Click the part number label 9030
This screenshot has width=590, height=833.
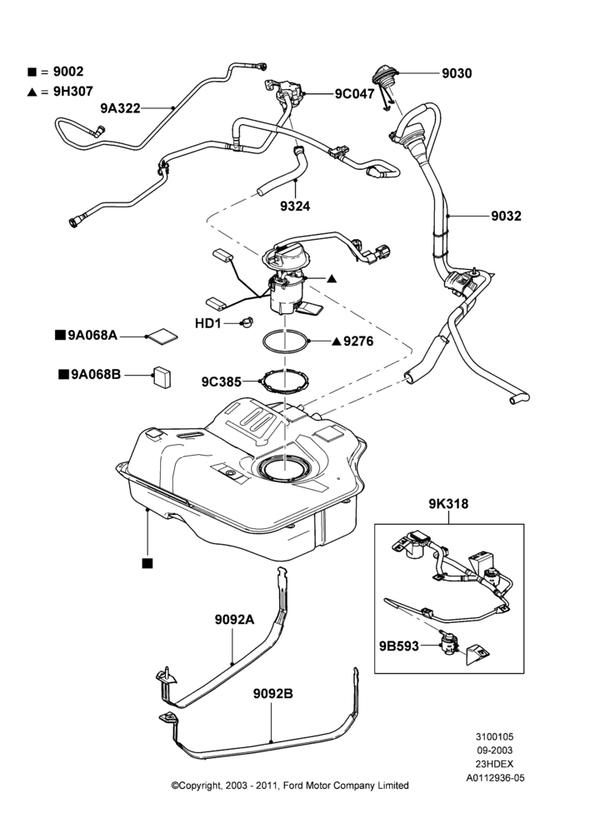pyautogui.click(x=457, y=73)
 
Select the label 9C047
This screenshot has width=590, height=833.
pyautogui.click(x=354, y=94)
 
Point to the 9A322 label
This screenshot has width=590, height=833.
pyautogui.click(x=120, y=108)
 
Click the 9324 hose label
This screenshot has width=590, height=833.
pyautogui.click(x=295, y=206)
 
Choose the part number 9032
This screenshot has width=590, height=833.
pyautogui.click(x=506, y=216)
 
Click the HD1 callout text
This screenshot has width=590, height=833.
pyautogui.click(x=207, y=323)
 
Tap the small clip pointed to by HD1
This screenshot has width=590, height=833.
pyautogui.click(x=247, y=322)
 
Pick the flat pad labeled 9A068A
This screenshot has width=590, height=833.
pyautogui.click(x=162, y=335)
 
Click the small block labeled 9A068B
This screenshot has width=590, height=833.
pyautogui.click(x=162, y=377)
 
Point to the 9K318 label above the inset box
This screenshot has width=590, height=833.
pyautogui.click(x=448, y=504)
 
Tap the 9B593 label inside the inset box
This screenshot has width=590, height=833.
pyautogui.click(x=398, y=646)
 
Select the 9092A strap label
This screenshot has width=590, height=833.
pyautogui.click(x=234, y=620)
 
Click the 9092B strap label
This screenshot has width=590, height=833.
pyautogui.click(x=272, y=694)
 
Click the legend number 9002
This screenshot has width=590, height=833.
pyautogui.click(x=68, y=72)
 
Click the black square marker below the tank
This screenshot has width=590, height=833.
pyautogui.click(x=147, y=563)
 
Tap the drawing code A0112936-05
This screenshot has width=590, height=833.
pyautogui.click(x=495, y=778)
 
